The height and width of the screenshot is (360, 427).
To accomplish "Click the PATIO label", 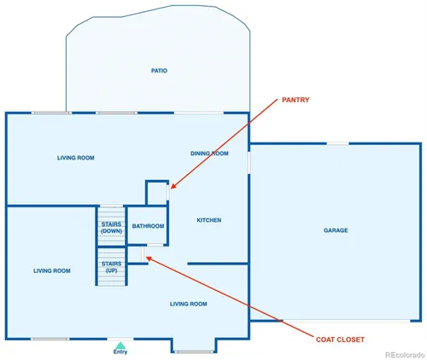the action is (x=159, y=71).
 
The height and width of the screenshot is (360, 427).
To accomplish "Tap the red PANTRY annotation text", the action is (x=295, y=100).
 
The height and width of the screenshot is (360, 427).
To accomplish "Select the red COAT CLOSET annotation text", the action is (x=340, y=340).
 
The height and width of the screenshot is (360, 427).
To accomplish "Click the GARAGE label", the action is (x=336, y=230).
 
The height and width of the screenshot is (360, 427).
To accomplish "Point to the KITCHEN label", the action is (x=209, y=220).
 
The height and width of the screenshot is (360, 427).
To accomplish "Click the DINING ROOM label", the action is (x=209, y=154).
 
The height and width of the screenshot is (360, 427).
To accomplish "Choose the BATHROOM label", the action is (x=148, y=226).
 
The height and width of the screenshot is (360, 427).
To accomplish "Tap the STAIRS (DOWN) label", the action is (x=111, y=228).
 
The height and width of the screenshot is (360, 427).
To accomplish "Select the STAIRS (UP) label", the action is (x=112, y=267).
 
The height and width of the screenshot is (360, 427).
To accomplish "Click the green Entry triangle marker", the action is (x=120, y=345).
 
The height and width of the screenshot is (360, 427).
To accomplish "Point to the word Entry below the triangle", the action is (x=120, y=351).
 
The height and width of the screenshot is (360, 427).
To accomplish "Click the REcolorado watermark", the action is (x=405, y=355).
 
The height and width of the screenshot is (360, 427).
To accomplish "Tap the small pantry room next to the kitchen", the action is (x=156, y=193).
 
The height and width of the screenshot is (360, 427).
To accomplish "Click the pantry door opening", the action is (x=168, y=192).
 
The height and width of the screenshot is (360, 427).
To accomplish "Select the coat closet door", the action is (x=143, y=254).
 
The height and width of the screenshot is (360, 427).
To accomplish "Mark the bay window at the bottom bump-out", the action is (x=194, y=351).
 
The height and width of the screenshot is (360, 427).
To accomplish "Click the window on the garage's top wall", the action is (x=337, y=143).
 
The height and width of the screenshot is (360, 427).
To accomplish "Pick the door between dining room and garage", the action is (x=249, y=163).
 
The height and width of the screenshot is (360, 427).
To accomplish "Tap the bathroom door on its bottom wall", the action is (x=155, y=245).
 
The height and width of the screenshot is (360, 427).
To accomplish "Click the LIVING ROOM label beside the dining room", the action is (x=76, y=158).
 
